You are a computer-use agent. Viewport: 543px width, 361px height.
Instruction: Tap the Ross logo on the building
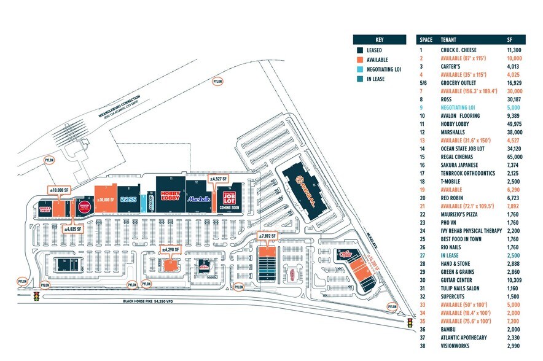coord(128,200)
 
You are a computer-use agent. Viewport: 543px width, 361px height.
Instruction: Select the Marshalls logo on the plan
coord(199,199)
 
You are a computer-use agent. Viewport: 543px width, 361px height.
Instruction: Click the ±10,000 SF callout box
coord(60,190)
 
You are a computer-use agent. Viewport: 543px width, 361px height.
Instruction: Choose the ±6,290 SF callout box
coord(170,250)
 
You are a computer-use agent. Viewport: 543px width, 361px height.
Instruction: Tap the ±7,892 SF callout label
coord(267,236)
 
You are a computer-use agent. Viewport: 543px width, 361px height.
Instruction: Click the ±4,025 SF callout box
coord(75,229)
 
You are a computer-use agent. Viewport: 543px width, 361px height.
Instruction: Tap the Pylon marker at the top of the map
coord(217,81)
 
